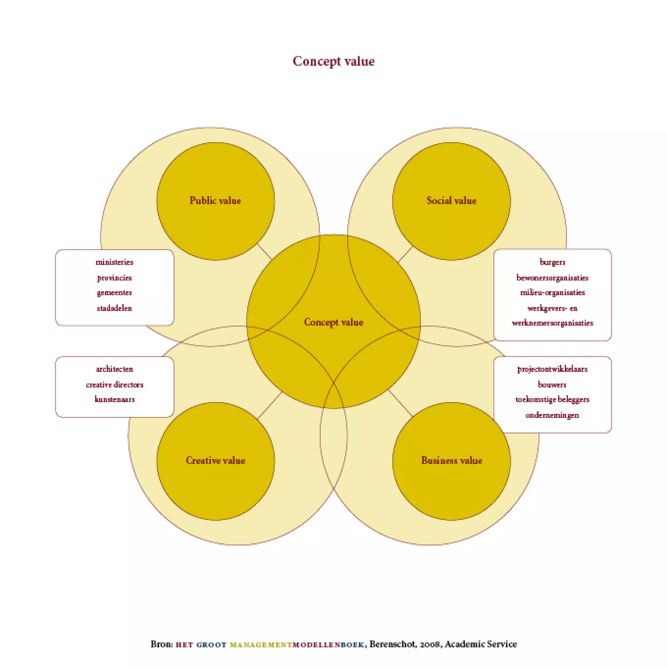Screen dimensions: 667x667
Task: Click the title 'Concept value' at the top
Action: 333,62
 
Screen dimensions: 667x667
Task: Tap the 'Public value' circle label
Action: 215,201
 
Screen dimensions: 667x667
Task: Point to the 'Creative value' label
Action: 215,460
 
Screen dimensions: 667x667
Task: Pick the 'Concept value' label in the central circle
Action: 333,322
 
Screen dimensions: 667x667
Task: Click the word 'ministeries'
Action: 114,262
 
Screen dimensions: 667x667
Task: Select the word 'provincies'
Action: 114,277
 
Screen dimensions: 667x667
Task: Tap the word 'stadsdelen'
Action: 114,308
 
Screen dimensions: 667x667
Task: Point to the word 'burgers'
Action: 552,262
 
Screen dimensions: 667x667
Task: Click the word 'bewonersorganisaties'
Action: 552,277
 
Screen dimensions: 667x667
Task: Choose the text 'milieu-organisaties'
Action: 552,292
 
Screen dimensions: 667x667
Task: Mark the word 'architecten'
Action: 114,369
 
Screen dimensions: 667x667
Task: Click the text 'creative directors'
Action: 114,385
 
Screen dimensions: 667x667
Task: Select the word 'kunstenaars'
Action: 114,399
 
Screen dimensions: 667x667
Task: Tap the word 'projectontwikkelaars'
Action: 552,369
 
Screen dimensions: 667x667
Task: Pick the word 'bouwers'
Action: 552,385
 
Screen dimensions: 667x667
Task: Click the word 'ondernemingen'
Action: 552,415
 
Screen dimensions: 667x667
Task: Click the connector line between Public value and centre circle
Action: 264,251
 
